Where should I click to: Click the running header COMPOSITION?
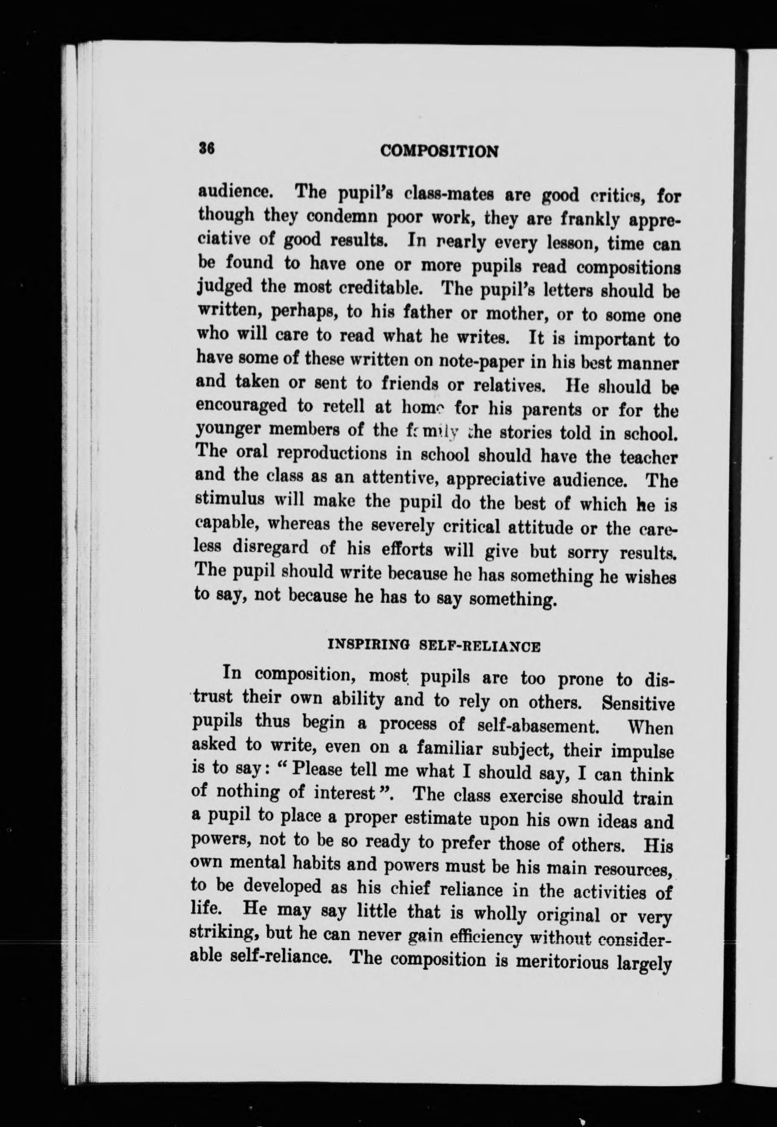pyautogui.click(x=439, y=151)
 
